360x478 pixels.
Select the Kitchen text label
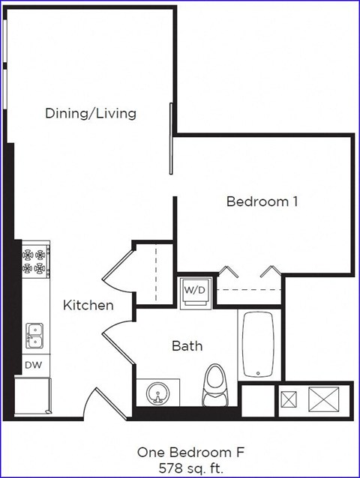pyautogui.click(x=88, y=306)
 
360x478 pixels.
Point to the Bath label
pyautogui.click(x=187, y=346)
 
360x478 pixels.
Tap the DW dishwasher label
pyautogui.click(x=33, y=365)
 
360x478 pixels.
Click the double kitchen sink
pyautogui.click(x=34, y=336)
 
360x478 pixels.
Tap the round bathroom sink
pyautogui.click(x=158, y=393)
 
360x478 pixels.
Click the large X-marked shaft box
pyautogui.click(x=325, y=399)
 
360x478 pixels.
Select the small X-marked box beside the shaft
pyautogui.click(x=289, y=399)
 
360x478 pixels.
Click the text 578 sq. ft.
pyautogui.click(x=190, y=468)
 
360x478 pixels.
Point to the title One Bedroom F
pyautogui.click(x=190, y=453)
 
